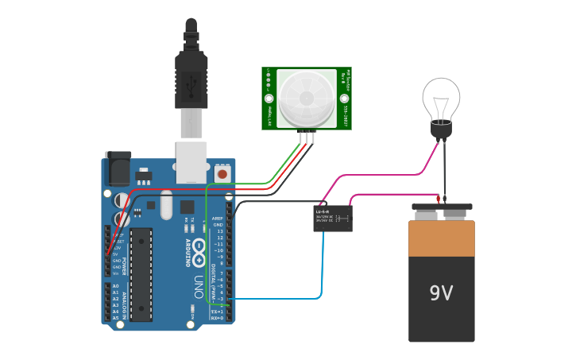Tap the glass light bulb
click(x=441, y=98)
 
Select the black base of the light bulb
click(x=441, y=127)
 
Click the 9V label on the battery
click(x=441, y=293)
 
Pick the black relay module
click(x=333, y=218)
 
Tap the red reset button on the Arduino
click(x=223, y=172)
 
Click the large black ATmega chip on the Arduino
click(x=141, y=274)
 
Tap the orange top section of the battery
click(x=441, y=238)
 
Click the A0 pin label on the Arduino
click(x=115, y=286)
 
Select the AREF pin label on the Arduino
click(x=218, y=219)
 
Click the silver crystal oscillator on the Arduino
click(x=166, y=206)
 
